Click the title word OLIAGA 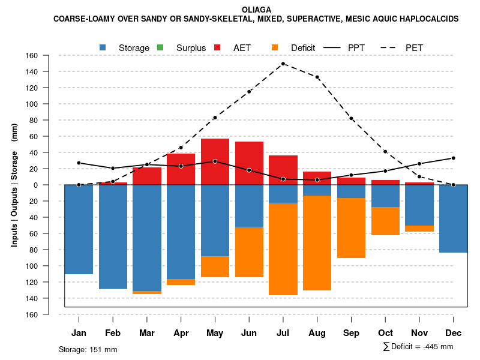(x=256, y=10)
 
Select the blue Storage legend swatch (x=103, y=47)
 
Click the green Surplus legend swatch (x=160, y=47)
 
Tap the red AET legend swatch (x=217, y=47)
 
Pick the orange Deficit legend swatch (x=275, y=47)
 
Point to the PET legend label (x=414, y=47)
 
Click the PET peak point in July (x=283, y=64)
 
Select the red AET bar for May (x=215, y=161)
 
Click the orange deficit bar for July (x=283, y=249)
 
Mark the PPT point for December (x=454, y=158)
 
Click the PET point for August (x=317, y=77)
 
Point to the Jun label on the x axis (x=249, y=333)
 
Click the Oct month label (x=385, y=333)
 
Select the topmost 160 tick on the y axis (x=32, y=56)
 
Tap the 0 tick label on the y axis (x=36, y=185)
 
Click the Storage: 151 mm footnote (x=88, y=349)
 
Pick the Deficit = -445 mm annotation (x=418, y=347)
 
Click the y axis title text (x=14, y=185)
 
